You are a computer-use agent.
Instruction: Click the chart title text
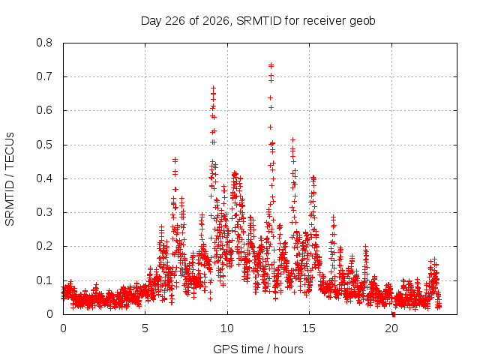tap(258, 21)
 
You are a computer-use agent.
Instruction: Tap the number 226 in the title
tap(175, 21)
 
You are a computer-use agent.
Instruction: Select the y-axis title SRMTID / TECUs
tap(10, 179)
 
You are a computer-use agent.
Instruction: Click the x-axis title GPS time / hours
tap(258, 349)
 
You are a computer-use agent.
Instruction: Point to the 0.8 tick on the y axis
tap(44, 43)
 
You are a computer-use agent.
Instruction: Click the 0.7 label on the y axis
tap(44, 76)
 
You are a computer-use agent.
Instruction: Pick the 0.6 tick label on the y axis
tap(44, 110)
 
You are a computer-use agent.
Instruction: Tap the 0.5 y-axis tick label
tap(44, 145)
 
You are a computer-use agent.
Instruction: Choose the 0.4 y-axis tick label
tap(44, 178)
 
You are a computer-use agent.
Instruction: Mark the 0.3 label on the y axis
tap(44, 212)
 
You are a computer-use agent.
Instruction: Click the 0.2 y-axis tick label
tap(44, 246)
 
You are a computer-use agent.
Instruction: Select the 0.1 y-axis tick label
tap(44, 280)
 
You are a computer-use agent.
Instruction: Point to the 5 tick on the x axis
tap(145, 328)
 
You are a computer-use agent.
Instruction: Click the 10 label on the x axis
tap(227, 328)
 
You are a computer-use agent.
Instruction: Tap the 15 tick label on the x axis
tap(309, 328)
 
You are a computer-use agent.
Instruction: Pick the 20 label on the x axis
tap(391, 328)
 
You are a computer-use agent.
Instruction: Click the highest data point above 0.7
tap(271, 65)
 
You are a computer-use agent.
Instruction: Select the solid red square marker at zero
tap(394, 315)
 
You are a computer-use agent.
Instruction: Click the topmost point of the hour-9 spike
tap(213, 88)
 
